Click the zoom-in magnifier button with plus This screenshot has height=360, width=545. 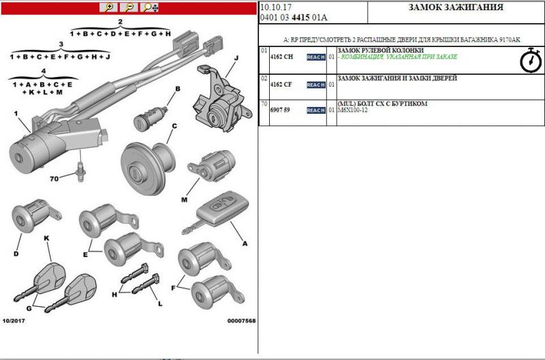point(108,7)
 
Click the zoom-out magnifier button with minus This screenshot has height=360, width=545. point(129,7)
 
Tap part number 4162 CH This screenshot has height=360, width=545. point(281,57)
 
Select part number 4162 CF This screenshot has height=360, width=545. point(281,85)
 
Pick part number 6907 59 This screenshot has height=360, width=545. point(280,110)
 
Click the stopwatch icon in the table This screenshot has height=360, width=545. point(531,60)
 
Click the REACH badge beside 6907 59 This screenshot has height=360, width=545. point(316,110)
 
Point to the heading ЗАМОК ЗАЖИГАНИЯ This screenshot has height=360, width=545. point(456,7)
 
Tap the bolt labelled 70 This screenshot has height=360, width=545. point(80,172)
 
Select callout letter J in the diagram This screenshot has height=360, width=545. point(236,57)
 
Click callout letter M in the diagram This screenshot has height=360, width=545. point(184,200)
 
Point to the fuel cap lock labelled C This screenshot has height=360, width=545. point(148,168)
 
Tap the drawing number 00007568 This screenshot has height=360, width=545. point(242,320)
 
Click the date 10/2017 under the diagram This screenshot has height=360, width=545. point(14,320)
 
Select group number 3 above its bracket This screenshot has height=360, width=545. point(61,44)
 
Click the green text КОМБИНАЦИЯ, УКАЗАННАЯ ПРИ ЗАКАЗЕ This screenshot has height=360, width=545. point(399,57)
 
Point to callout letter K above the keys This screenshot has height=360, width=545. point(46,238)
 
